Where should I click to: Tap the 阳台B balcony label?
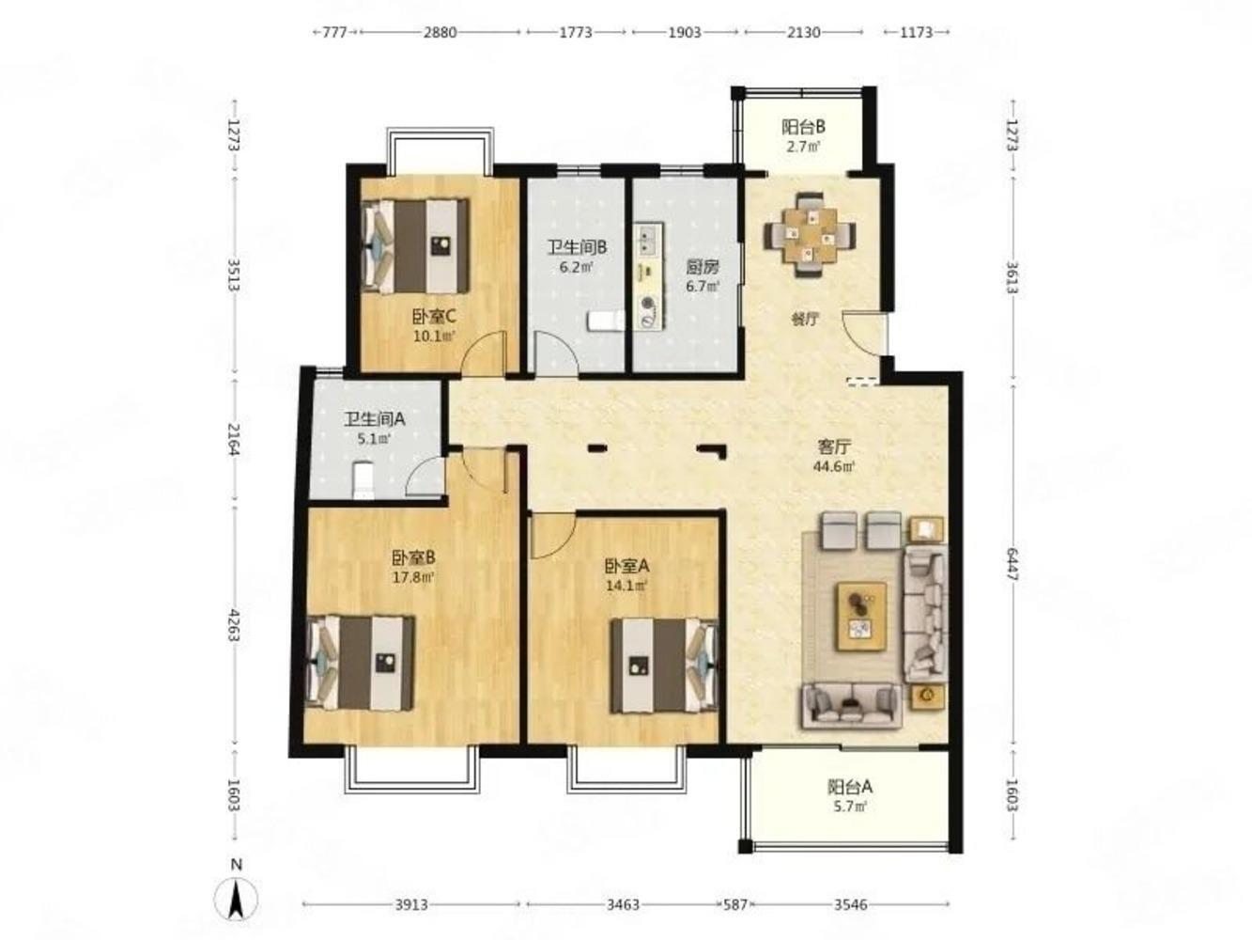click(803, 126)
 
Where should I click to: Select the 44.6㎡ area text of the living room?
click(833, 466)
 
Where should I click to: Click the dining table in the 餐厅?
click(810, 234)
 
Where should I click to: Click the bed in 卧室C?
click(416, 245)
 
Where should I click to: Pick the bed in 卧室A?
click(664, 665)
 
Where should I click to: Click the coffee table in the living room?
click(861, 617)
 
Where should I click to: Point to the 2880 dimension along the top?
click(440, 33)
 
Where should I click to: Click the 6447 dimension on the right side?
click(1012, 564)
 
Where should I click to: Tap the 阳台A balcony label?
click(849, 787)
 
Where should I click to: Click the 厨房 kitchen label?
click(703, 266)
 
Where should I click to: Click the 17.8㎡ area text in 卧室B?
click(413, 577)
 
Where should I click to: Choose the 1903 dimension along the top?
click(685, 33)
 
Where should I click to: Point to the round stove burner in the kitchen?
click(648, 303)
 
